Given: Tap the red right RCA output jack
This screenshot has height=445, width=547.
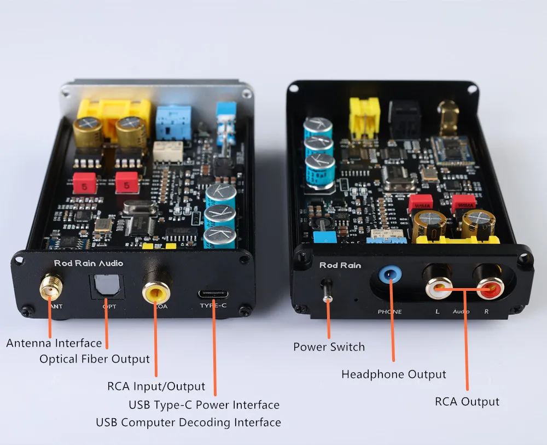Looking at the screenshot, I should [488, 285].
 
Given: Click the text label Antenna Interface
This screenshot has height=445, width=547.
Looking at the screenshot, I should [54, 343].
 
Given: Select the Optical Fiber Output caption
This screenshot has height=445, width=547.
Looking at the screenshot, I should [94, 359].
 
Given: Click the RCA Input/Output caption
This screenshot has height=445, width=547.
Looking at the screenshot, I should [156, 386].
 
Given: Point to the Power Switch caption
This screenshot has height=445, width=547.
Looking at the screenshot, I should [329, 347].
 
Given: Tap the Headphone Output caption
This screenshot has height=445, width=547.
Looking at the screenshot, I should [393, 374].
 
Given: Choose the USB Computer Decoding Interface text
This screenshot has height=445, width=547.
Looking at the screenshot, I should [188, 422].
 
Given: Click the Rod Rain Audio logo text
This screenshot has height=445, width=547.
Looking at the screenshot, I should [89, 263].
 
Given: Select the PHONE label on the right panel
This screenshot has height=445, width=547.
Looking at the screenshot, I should [389, 312].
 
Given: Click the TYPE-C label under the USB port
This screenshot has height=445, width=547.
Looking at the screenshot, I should [213, 305].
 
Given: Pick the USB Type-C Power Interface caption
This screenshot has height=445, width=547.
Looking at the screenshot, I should [204, 405].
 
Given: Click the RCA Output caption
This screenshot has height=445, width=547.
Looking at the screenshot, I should [467, 401].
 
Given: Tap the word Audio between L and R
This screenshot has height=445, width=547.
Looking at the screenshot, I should [461, 312].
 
